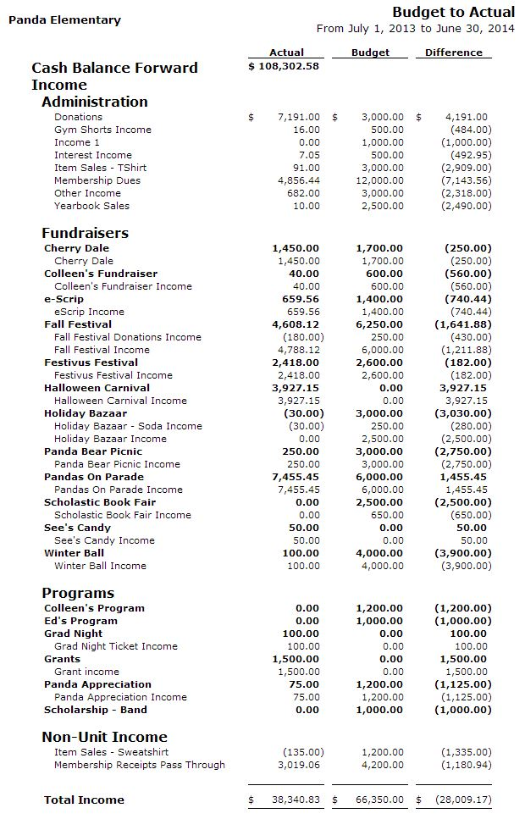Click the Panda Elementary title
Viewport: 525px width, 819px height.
[64, 19]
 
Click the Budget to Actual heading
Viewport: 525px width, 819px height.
[453, 12]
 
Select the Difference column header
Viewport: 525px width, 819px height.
[453, 53]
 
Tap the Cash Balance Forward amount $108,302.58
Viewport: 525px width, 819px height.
[284, 65]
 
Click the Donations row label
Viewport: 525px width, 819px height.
[78, 117]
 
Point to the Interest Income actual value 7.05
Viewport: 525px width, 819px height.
[309, 155]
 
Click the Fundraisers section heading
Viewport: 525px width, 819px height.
[85, 232]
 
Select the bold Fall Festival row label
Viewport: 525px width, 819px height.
[78, 324]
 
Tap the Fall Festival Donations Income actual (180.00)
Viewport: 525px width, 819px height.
[302, 337]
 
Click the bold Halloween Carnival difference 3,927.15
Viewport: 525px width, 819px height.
[466, 388]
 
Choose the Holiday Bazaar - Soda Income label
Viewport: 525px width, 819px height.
[128, 426]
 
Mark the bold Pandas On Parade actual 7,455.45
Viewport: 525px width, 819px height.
[296, 477]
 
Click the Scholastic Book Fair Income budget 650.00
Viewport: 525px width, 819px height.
[387, 515]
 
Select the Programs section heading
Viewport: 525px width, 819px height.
[78, 593]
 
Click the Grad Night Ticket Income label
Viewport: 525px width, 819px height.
[115, 646]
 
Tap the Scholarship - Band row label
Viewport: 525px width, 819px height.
[95, 710]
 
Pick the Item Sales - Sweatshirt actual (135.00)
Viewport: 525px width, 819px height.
[302, 752]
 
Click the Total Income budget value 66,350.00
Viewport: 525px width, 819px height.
[377, 800]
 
